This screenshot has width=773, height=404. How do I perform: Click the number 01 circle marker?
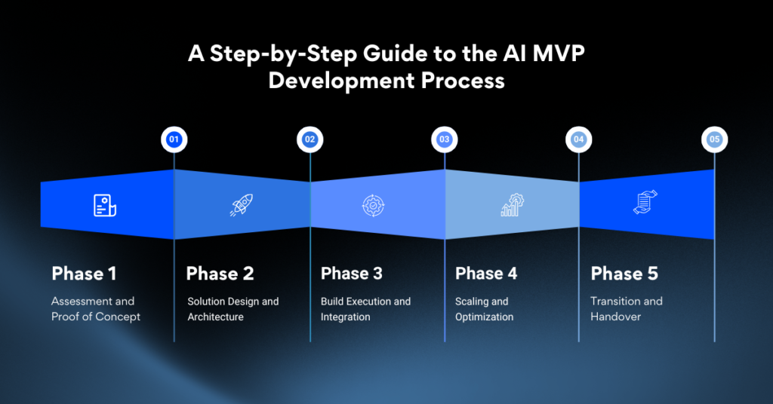pos(174,139)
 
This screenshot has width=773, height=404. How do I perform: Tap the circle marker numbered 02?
pos(310,139)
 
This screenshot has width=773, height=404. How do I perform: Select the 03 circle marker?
pos(445,139)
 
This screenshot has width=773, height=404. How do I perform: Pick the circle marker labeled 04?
pos(579,139)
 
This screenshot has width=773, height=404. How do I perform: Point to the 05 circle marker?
pos(714,139)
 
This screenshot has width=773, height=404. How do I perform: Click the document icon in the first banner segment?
pos(105,205)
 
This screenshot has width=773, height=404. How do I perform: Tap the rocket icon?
pos(241,205)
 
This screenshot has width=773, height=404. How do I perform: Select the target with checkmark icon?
pos(374,205)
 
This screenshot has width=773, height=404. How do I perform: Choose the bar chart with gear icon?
pos(512,205)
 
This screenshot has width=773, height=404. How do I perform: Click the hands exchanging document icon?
pos(645,204)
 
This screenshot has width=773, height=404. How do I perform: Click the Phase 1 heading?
pos(84,273)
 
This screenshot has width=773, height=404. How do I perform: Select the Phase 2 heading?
pos(220,273)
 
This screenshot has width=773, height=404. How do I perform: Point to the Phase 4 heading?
pos(486,273)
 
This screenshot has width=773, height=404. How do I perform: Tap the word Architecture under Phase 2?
pos(215,317)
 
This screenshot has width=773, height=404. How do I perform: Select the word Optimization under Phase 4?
pos(484,317)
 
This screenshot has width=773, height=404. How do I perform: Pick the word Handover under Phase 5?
pos(615,317)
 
